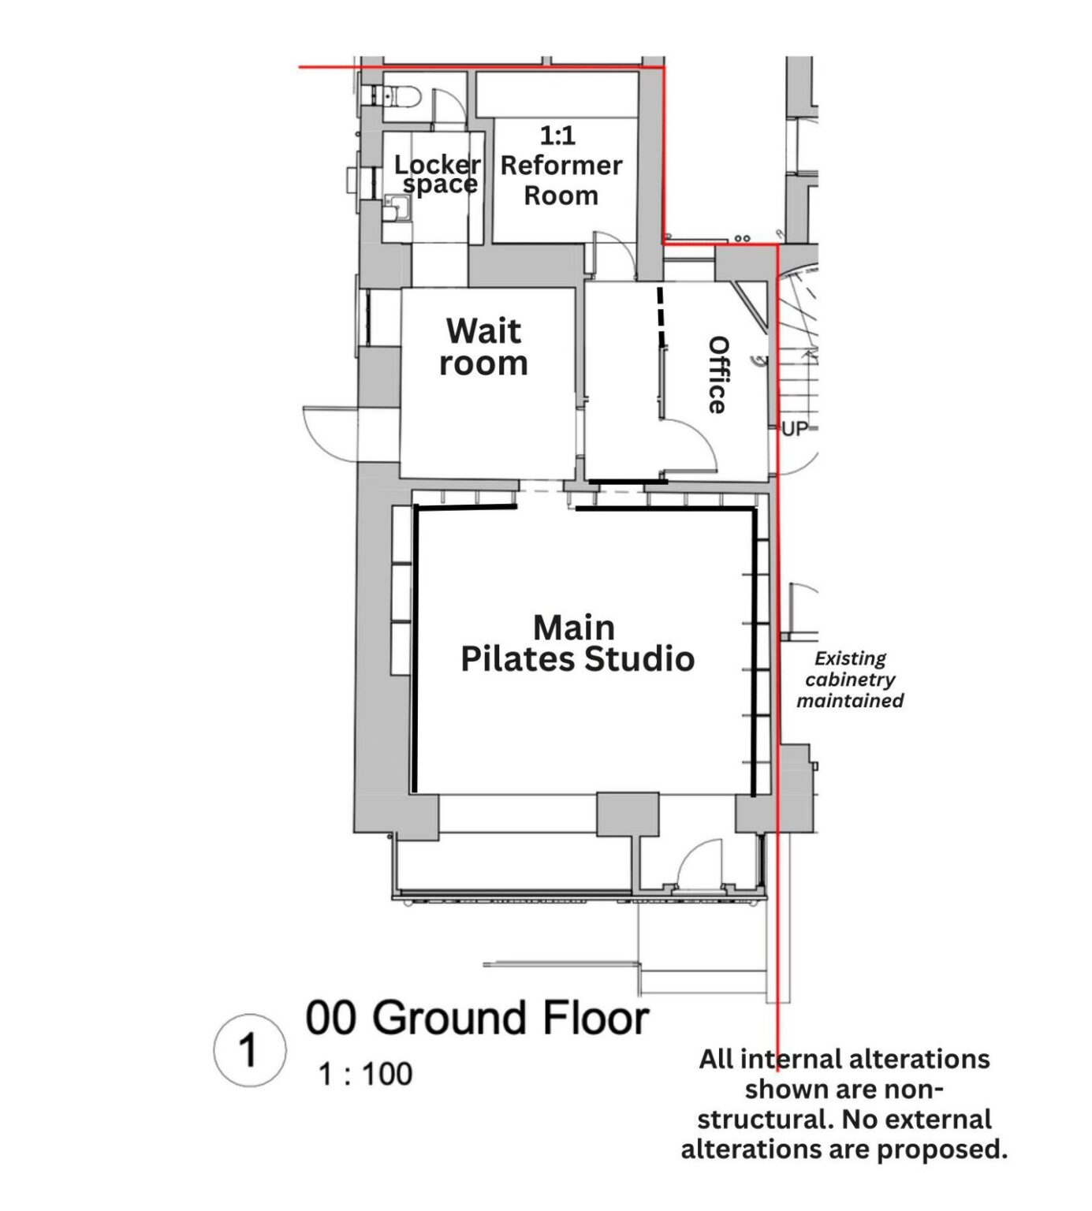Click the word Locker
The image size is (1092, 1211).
(x=437, y=165)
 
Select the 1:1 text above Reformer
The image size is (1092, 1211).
(x=557, y=136)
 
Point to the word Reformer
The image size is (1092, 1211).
(x=561, y=166)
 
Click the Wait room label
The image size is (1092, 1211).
(x=483, y=347)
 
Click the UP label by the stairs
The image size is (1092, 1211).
(x=795, y=429)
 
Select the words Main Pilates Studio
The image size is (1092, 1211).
(x=577, y=643)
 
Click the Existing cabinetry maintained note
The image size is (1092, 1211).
(x=850, y=680)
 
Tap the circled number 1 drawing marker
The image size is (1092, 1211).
(x=249, y=1049)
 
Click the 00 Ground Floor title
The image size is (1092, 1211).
(x=477, y=1018)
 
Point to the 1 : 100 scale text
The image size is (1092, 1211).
(x=365, y=1074)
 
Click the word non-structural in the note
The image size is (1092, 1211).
(x=844, y=1104)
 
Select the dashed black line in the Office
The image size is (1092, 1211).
(x=662, y=315)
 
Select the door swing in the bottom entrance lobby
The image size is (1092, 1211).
(x=700, y=863)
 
